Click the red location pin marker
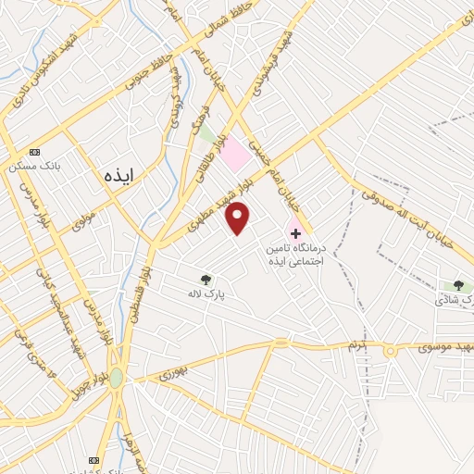pyautogui.click(x=238, y=218)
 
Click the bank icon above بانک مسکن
pyautogui.click(x=35, y=152)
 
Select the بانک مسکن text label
pyautogui.click(x=33, y=167)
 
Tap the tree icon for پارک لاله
pyautogui.click(x=206, y=279)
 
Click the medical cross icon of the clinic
pyautogui.click(x=295, y=231)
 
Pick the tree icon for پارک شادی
pyautogui.click(x=457, y=285)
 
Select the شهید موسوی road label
pyautogui.click(x=435, y=346)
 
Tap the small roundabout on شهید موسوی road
pyautogui.click(x=391, y=349)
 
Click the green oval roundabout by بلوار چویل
pyautogui.click(x=116, y=378)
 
